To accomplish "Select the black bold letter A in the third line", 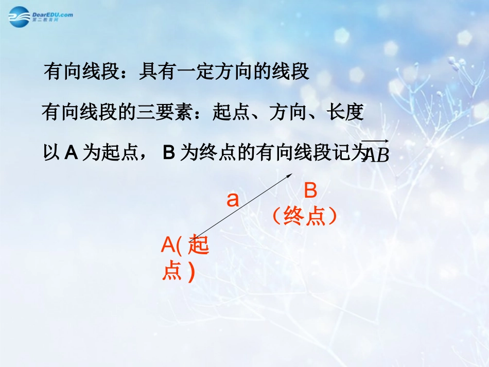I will (71, 153).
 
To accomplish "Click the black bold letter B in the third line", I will (169, 153).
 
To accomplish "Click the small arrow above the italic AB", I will (375, 141).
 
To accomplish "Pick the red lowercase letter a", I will (233, 199).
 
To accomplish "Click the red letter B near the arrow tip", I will (310, 191).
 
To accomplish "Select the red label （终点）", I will (305, 217).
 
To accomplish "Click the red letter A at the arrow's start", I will (168, 245).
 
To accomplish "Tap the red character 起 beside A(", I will (199, 246).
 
